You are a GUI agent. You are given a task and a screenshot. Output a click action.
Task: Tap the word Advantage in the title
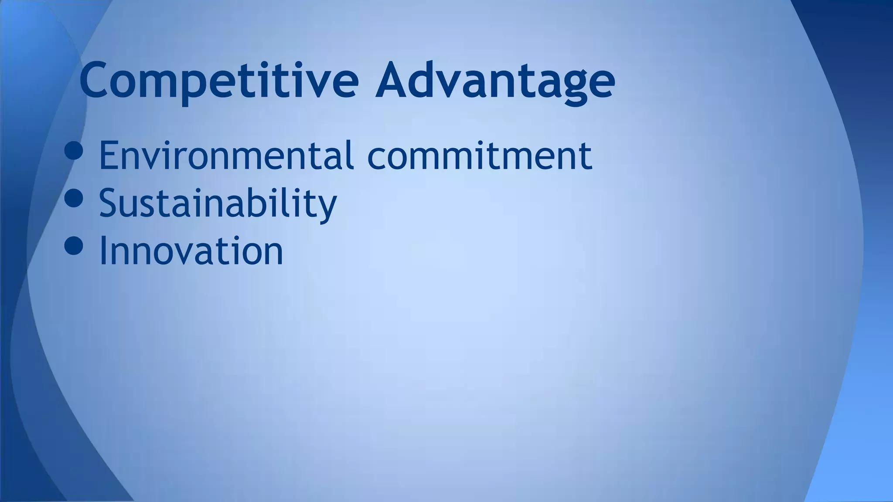tap(495, 81)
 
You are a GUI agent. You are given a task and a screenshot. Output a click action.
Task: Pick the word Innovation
tap(191, 251)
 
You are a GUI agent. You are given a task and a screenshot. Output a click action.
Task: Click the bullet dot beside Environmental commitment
tap(73, 150)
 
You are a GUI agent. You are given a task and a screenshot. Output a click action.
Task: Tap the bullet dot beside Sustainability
tap(73, 198)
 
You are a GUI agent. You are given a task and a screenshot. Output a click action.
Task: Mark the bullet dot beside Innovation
tap(73, 245)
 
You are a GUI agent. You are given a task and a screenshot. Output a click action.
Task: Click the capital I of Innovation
tap(103, 251)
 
